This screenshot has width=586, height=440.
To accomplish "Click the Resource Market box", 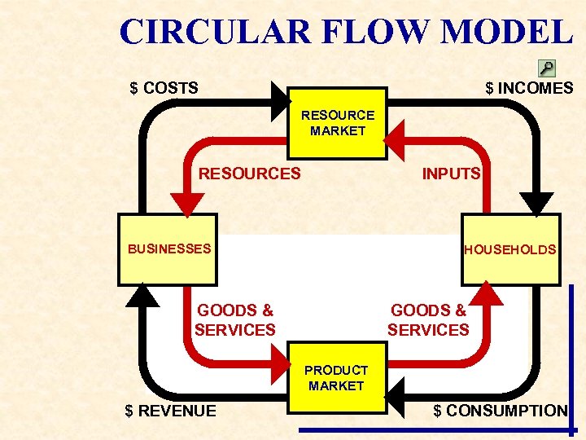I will pos(337,123).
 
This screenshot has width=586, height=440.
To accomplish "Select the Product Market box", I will pos(337,377).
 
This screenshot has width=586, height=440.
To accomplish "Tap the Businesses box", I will pos(168,249).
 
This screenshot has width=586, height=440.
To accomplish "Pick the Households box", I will pos(510,249).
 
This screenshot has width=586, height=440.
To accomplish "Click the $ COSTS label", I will pos(164,88).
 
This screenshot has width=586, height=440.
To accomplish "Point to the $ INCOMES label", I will pos(529,88).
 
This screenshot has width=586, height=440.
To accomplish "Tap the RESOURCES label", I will pos(250,174).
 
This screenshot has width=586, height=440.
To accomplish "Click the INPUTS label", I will pos(451,174).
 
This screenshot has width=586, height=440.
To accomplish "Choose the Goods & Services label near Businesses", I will pos(235,320).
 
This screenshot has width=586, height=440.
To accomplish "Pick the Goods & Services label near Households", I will pos(428,320).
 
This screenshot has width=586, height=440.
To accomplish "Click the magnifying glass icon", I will pos(547,68).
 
